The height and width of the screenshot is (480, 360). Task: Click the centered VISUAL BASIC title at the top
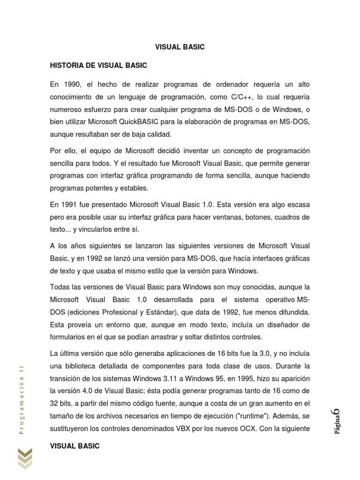click(x=180, y=47)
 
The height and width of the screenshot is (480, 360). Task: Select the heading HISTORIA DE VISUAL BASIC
click(x=98, y=65)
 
